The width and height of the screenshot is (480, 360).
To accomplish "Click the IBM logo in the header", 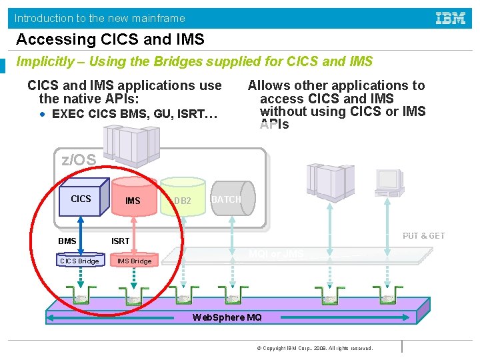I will click(x=451, y=18).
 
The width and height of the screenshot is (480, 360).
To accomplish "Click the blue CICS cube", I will click(x=81, y=199).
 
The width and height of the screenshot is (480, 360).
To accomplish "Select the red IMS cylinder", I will click(x=133, y=199).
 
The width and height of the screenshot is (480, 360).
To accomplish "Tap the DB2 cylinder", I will click(x=183, y=200).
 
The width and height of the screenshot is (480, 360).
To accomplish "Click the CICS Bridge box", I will click(x=80, y=261).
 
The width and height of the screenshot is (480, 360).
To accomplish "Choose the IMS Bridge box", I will click(x=135, y=261).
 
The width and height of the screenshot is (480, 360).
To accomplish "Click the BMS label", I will click(x=67, y=241).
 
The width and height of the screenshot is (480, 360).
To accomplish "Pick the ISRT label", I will click(x=120, y=241).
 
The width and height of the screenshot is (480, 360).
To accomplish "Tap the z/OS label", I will click(x=79, y=160).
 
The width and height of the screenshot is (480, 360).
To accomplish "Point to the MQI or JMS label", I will click(x=275, y=254).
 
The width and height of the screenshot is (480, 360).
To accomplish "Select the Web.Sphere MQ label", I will click(x=227, y=317).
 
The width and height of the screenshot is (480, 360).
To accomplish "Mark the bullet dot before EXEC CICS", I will click(x=43, y=114).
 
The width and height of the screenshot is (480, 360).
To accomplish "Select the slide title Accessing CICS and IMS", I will click(x=110, y=39).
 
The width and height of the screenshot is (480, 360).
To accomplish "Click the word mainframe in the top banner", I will click(x=159, y=18).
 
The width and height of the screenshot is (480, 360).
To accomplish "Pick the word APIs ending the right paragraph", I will click(x=274, y=125).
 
